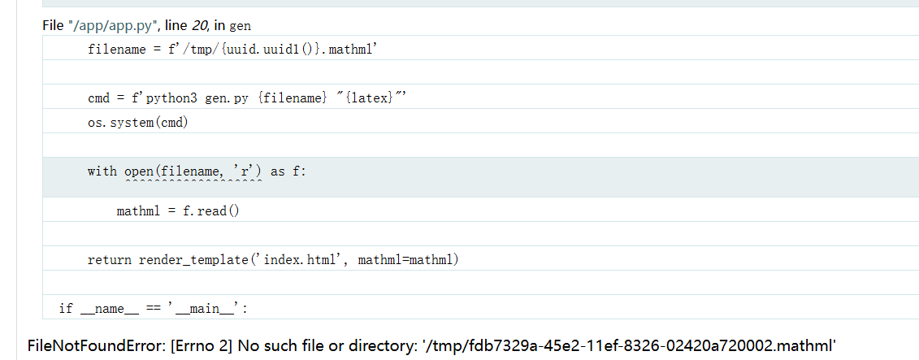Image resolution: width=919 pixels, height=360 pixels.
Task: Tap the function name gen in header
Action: [241, 26]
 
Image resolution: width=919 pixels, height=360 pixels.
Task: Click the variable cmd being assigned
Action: [98, 98]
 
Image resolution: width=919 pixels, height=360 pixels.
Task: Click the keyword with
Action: [102, 171]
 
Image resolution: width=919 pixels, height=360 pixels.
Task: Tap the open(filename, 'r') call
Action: [193, 171]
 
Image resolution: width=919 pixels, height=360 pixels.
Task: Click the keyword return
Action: [109, 260]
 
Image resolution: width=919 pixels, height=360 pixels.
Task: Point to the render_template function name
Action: [193, 260]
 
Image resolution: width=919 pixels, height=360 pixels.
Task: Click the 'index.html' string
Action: [301, 260]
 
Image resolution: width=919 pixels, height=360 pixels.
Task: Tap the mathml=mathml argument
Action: [405, 260]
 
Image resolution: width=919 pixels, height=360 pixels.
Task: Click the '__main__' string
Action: [205, 309]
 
